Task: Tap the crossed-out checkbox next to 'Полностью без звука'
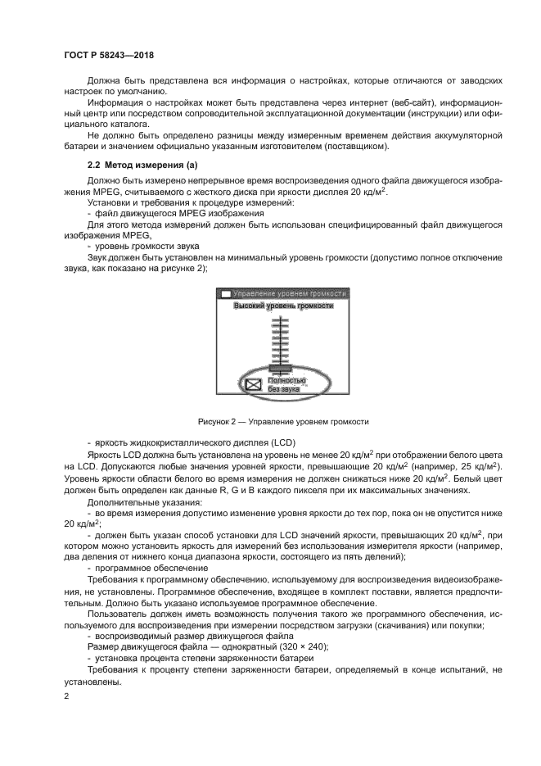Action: tap(254, 383)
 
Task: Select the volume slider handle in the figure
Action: tap(269, 368)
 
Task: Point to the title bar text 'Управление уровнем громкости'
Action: tap(290, 292)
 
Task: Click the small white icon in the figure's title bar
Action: tap(225, 293)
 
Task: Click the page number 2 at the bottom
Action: tap(66, 696)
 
